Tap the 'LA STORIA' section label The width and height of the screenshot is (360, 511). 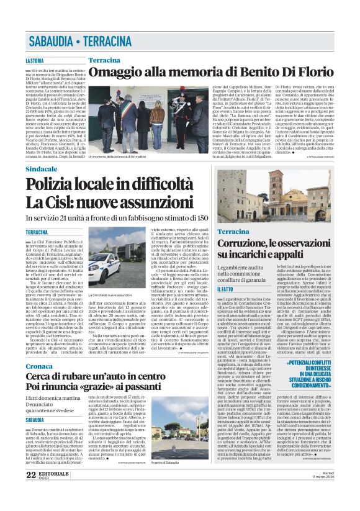click(35, 61)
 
